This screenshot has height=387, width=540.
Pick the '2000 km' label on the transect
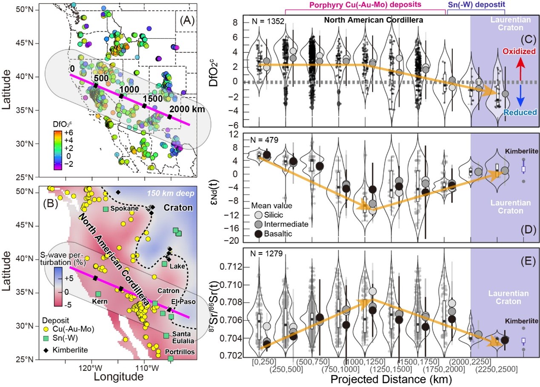[186, 108]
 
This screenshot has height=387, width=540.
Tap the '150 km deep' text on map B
[167, 193]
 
